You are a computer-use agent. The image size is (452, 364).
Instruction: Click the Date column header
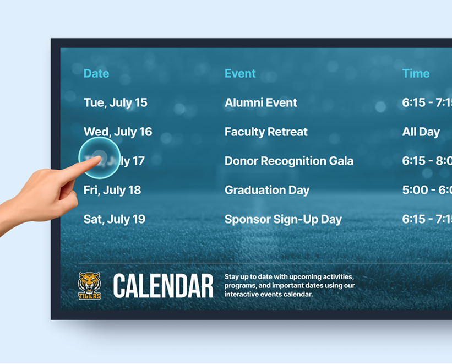(x=96, y=74)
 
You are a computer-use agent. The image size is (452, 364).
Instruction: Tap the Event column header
(x=240, y=74)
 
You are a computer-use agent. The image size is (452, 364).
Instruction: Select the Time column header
(x=416, y=74)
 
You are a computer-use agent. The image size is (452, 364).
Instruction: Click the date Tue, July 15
(x=116, y=103)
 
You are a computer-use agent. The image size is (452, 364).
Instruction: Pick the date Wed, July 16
(x=118, y=132)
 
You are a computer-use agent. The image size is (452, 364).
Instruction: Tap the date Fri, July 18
(x=112, y=191)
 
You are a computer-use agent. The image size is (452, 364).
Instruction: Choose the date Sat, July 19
(x=115, y=220)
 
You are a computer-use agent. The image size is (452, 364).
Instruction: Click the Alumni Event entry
(x=260, y=103)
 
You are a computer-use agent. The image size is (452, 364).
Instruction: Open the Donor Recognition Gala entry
(x=289, y=161)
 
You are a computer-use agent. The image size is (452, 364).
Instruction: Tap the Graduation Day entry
(x=267, y=191)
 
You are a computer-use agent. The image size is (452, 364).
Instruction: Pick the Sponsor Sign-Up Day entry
(x=283, y=220)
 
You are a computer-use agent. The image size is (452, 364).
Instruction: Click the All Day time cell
(x=421, y=132)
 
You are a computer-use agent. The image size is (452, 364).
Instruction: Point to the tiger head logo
(x=89, y=282)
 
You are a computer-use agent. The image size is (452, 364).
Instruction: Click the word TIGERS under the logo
(x=89, y=296)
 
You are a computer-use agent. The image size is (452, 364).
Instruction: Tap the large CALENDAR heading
(x=163, y=287)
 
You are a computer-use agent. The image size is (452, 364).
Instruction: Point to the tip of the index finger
(x=99, y=158)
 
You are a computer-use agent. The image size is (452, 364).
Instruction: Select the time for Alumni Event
(x=427, y=103)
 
